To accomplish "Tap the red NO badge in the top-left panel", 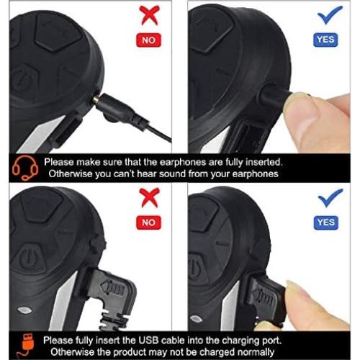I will [148, 41].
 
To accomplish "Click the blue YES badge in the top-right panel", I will [325, 41].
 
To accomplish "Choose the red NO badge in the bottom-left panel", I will [148, 222].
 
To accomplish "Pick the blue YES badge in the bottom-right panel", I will [325, 222].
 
